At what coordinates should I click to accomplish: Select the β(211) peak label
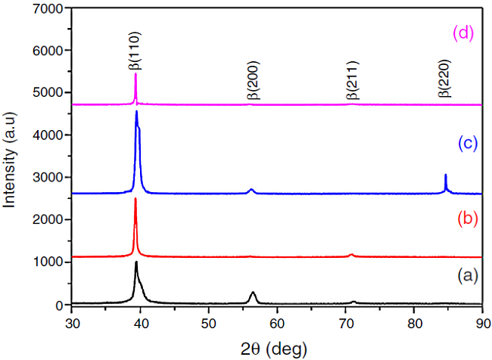[352, 82]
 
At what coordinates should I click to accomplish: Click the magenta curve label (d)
[463, 33]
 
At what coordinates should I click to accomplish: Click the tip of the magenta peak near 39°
[135, 73]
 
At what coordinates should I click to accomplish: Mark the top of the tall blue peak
[136, 111]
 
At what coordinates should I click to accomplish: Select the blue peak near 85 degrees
[445, 175]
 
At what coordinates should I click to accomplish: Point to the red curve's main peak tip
[135, 198]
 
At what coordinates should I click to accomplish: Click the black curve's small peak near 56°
[253, 292]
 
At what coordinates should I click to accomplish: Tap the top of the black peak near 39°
[136, 262]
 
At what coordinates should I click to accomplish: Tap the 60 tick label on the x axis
[277, 321]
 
